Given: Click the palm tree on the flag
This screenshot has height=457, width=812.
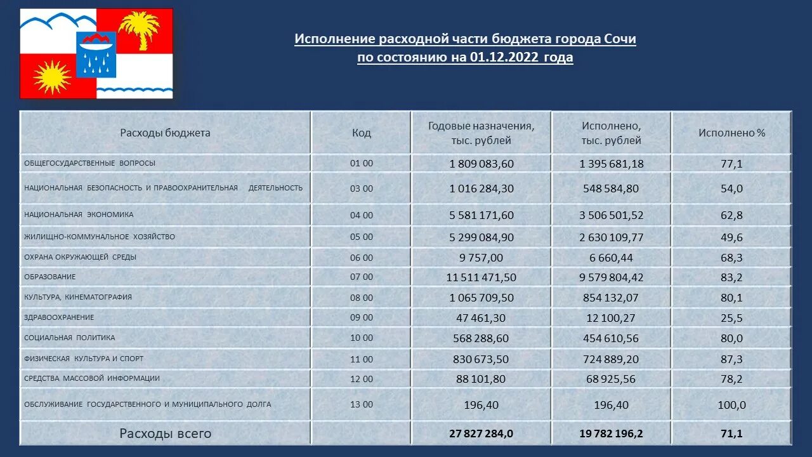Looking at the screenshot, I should [x=139, y=29].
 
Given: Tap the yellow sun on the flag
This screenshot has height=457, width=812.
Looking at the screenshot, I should [x=51, y=76].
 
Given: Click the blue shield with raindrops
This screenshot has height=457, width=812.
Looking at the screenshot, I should [x=96, y=54].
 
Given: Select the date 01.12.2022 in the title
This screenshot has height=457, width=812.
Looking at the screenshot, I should [x=504, y=58].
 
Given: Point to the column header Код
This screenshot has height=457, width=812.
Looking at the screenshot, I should [x=362, y=133].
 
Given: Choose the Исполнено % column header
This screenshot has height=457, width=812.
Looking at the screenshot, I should [x=731, y=133].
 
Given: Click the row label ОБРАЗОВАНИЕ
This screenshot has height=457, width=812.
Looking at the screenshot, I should [x=50, y=277].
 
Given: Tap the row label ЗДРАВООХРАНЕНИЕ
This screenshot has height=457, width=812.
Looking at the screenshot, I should [x=59, y=317].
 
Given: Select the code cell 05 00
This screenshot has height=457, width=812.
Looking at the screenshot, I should [x=362, y=237].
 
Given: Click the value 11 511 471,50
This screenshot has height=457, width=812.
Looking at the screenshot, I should [x=481, y=277].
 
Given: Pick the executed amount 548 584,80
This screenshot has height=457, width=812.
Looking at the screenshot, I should [x=612, y=189].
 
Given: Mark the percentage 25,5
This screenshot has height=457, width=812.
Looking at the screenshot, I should [x=731, y=318].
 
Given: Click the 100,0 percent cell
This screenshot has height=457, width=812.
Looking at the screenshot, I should [x=731, y=405].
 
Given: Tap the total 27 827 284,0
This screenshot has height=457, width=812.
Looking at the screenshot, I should [x=481, y=434].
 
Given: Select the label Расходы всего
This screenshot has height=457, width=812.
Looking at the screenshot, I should [x=165, y=434].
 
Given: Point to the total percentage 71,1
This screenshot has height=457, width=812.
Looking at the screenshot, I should [x=731, y=434].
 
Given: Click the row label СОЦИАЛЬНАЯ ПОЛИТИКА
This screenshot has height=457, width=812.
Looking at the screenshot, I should [x=70, y=338].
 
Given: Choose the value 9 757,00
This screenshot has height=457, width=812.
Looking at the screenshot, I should [x=481, y=258].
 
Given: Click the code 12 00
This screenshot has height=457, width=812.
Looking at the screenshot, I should [x=362, y=379].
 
